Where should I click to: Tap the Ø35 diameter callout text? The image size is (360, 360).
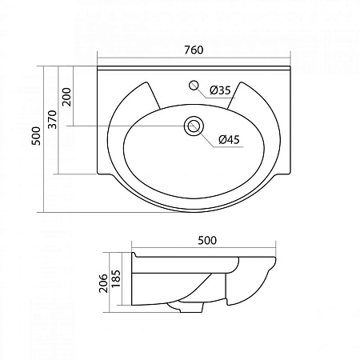pyautogui.click(x=220, y=90)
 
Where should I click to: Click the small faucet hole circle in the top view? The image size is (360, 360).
pyautogui.click(x=193, y=84)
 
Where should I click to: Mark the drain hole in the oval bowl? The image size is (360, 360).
pyautogui.click(x=193, y=126)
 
